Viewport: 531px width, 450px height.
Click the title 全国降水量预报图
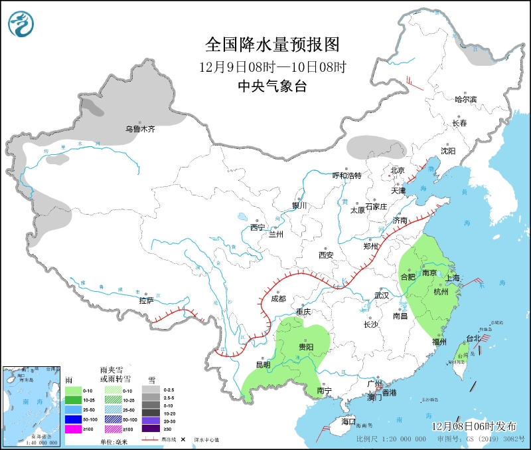coord(272,45)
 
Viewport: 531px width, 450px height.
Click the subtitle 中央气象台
coord(272,86)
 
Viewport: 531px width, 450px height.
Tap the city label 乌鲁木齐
coord(140,130)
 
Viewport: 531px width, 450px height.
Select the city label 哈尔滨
coord(465,99)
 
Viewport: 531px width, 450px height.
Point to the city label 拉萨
coord(146,300)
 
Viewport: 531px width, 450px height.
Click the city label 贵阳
coord(306,346)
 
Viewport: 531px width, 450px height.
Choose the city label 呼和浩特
coord(346,175)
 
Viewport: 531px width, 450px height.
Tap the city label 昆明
coord(263,364)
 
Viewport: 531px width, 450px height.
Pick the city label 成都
coord(278,298)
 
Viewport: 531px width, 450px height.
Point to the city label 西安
coord(325,255)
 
